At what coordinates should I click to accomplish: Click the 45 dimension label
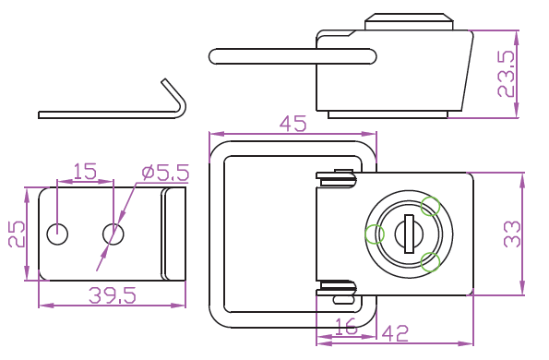292,124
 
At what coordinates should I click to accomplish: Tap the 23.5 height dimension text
507,74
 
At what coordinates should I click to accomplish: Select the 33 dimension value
512,234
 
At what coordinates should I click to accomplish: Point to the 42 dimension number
395,333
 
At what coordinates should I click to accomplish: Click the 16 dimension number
345,326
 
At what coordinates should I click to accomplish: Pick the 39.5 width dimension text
112,295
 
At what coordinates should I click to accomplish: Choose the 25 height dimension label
17,234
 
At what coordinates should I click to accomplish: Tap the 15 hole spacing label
84,172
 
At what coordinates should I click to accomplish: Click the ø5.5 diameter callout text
165,173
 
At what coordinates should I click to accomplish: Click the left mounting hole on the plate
57,234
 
